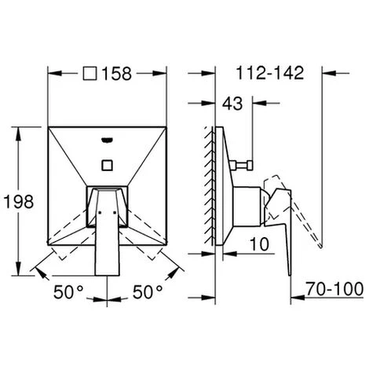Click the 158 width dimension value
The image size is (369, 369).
[116, 74]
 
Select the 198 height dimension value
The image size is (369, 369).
[19, 202]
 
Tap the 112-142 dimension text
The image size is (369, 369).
[270, 72]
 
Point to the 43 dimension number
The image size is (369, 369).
[232, 104]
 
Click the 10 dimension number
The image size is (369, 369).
[259, 244]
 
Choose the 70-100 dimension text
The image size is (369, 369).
[334, 289]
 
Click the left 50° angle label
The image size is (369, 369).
[68, 292]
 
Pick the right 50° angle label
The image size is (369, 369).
[148, 292]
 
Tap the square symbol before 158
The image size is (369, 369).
[90, 74]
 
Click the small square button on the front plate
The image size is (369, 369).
[107, 165]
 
